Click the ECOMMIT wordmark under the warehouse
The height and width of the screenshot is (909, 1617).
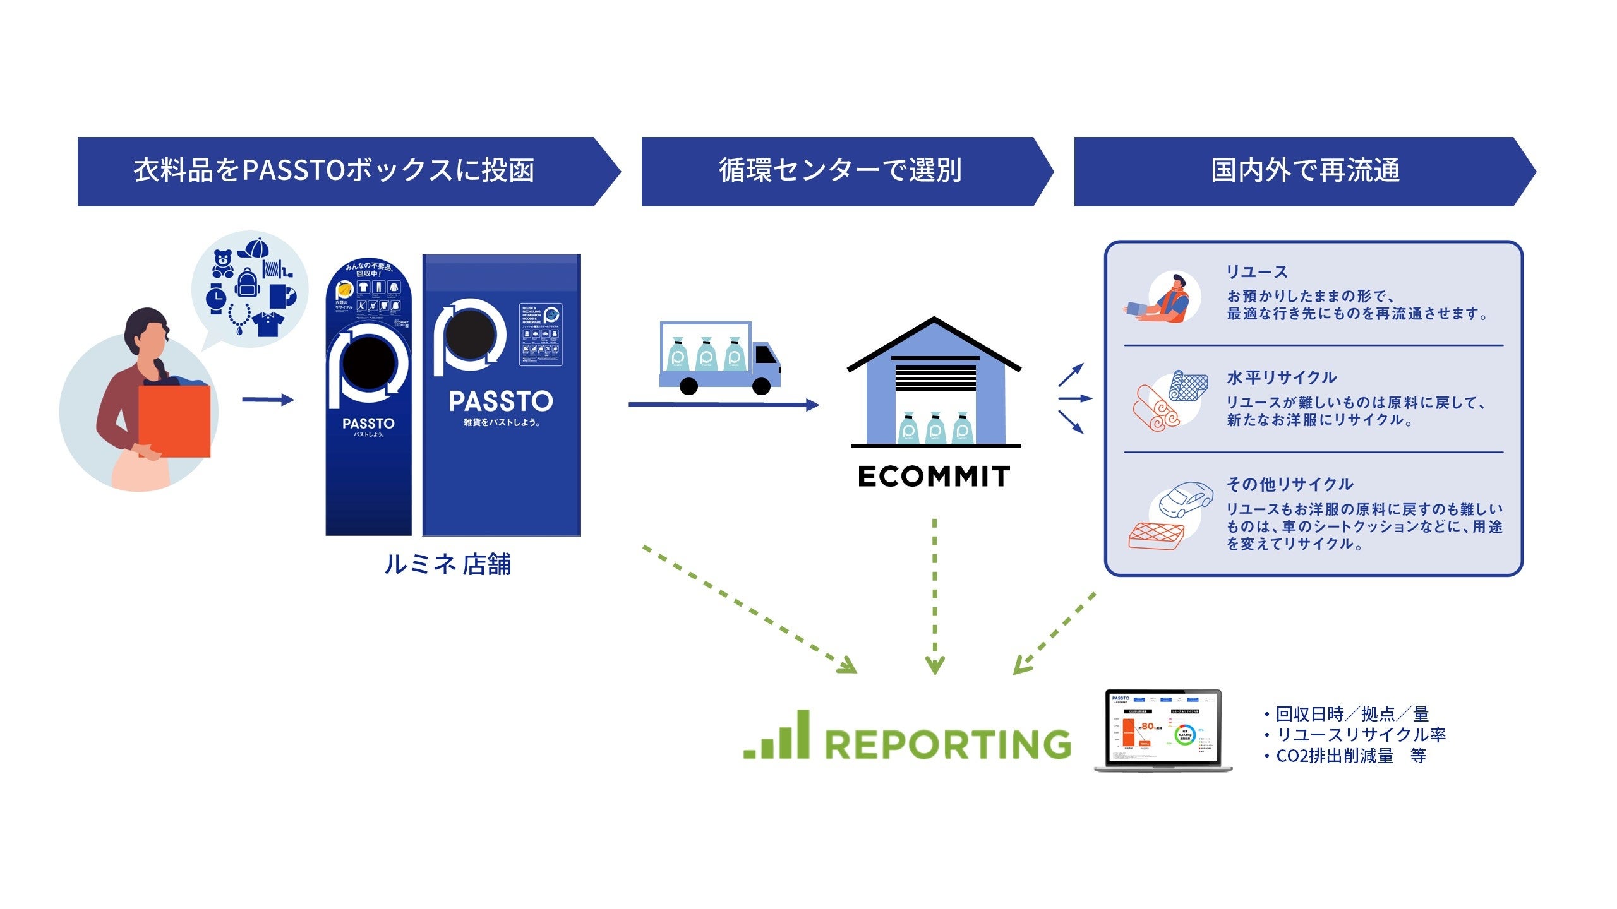934,477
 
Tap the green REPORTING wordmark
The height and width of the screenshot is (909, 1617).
947,744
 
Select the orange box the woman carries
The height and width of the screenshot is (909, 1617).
174,421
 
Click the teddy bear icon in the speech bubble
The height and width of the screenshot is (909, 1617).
222,263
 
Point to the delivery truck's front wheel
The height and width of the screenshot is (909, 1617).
762,386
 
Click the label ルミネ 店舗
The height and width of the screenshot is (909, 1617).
447,564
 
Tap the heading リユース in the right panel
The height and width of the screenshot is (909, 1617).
1257,272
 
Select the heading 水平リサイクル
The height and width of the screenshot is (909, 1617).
1282,377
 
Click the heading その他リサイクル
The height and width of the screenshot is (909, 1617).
1290,484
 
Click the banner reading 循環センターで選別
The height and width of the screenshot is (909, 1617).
840,171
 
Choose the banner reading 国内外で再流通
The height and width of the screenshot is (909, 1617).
1305,171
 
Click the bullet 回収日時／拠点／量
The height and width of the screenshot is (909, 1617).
1352,714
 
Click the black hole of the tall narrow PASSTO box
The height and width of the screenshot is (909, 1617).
368,364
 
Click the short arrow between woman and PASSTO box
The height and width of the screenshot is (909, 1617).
268,400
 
